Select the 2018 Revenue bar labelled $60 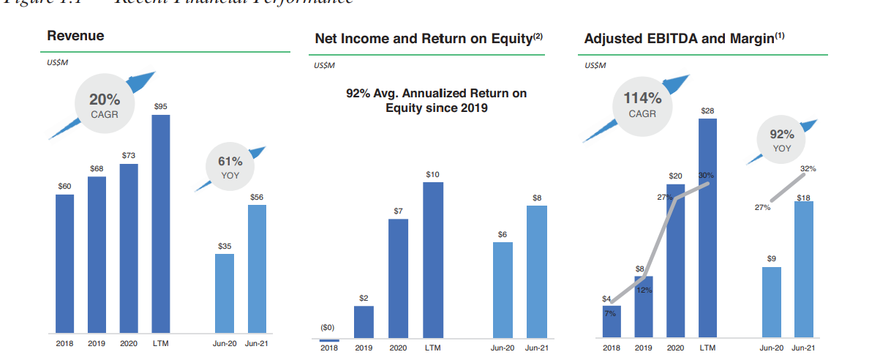65,263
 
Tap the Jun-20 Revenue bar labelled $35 225,293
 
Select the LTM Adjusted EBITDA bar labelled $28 707,228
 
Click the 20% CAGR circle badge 105,105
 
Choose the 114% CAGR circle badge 642,105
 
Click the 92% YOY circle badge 781,140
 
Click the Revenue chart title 75,36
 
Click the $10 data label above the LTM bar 433,174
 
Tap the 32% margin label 808,169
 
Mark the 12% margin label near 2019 644,290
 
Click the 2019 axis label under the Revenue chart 97,343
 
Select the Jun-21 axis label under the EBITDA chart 804,348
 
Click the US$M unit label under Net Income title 323,66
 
